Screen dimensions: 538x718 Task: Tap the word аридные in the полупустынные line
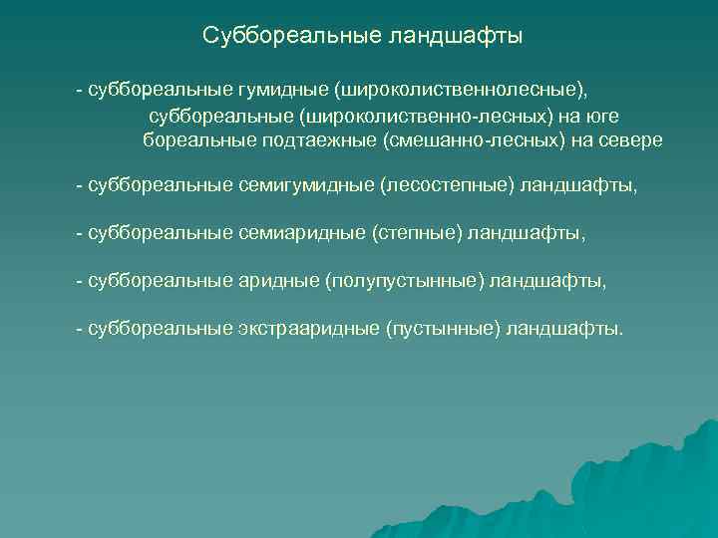pyautogui.click(x=279, y=280)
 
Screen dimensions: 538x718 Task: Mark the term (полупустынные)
pyautogui.click(x=405, y=280)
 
